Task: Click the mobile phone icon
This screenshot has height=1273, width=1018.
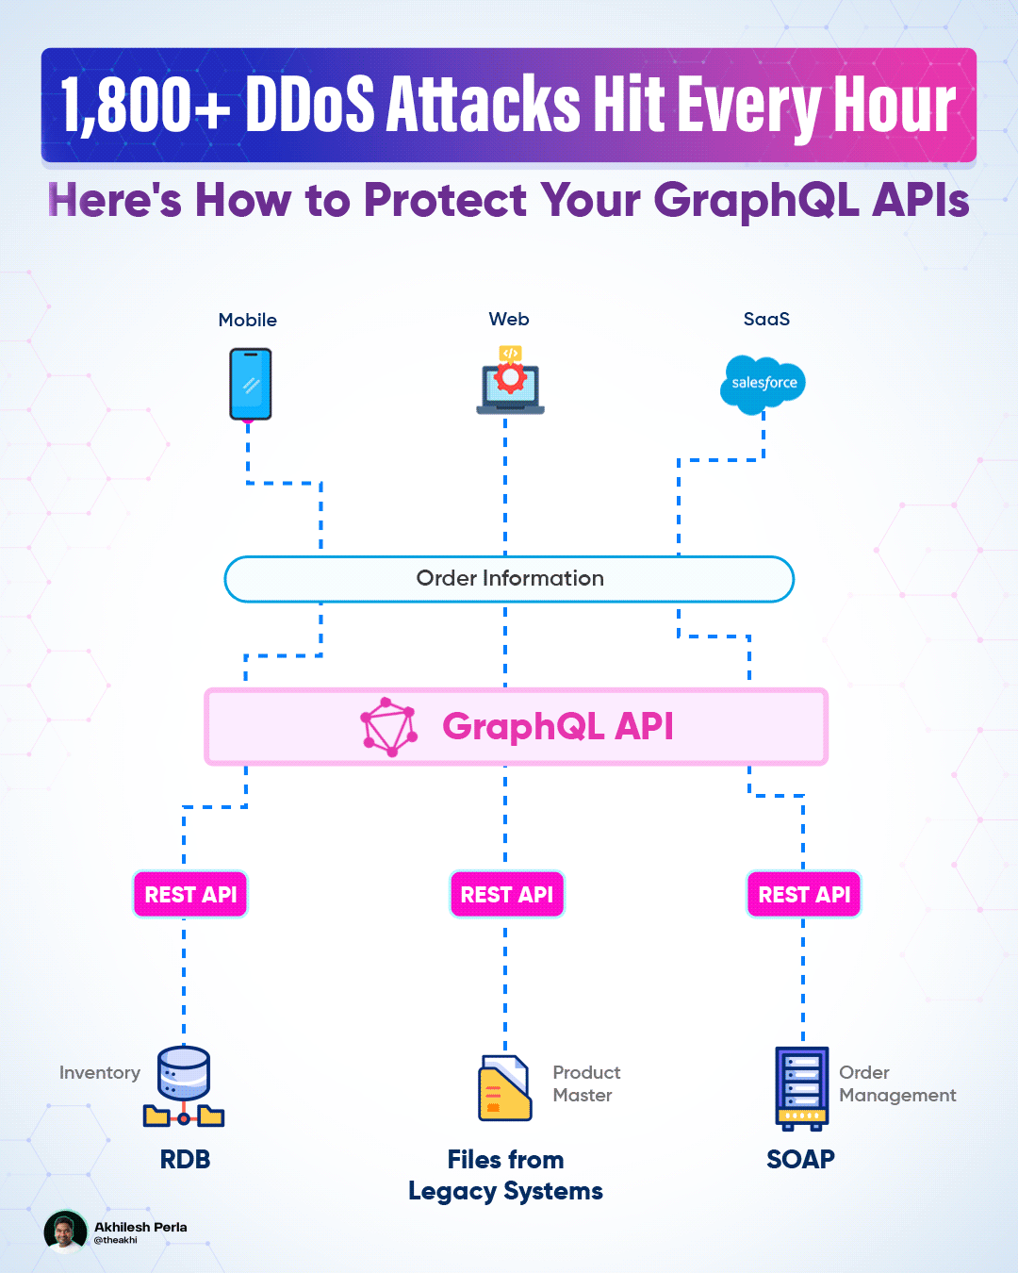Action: point(250,384)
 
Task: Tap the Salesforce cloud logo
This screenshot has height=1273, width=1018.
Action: point(763,384)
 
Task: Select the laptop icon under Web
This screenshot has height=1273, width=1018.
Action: point(510,380)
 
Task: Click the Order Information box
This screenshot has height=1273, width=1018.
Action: point(509,579)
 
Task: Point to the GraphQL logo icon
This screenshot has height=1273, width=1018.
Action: point(389,726)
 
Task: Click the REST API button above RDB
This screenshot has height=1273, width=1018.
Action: point(189,895)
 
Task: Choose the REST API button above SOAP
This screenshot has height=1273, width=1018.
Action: point(804,895)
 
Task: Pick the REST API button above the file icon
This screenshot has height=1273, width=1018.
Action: point(507,895)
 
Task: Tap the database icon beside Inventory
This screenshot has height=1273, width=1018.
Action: point(184,1086)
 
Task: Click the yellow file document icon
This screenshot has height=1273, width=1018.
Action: point(504,1088)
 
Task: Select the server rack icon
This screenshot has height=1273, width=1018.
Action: point(801,1088)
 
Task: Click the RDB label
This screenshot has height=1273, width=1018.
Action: point(185,1160)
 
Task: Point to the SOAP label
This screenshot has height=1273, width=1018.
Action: point(800,1160)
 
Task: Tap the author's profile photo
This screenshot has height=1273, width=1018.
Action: point(65,1232)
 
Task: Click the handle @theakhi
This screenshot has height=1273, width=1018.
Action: point(115,1240)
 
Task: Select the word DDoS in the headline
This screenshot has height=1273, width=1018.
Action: point(310,104)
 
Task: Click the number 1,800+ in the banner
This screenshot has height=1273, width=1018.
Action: point(145,105)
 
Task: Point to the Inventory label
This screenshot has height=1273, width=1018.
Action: point(99,1072)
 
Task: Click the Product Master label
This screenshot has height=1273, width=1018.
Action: point(586,1083)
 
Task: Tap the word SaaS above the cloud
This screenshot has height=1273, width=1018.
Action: point(766,320)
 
